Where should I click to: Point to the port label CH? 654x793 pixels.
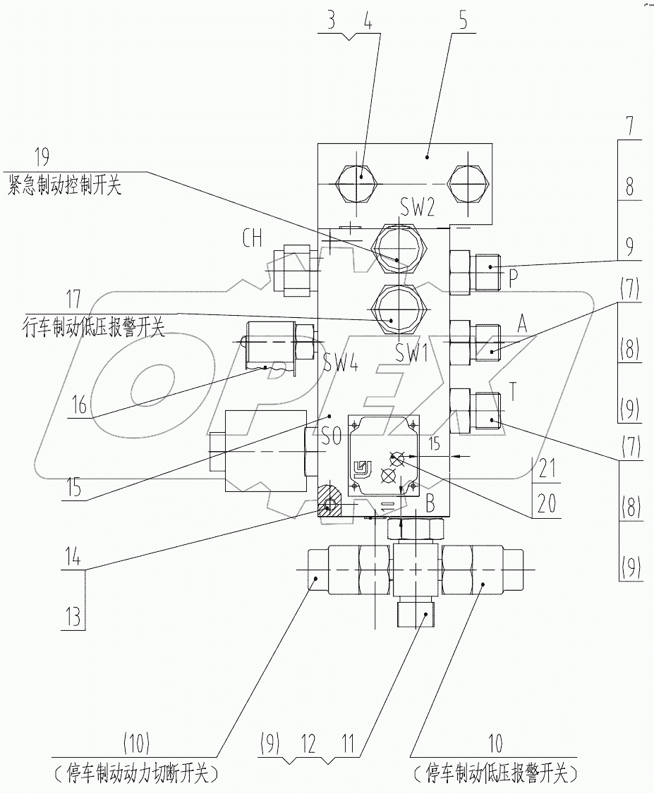[x=253, y=238]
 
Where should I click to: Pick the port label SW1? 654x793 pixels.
[x=413, y=355]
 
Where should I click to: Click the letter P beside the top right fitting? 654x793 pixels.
[x=514, y=276]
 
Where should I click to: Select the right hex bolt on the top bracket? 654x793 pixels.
[x=467, y=183]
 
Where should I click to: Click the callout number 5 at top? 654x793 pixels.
[x=463, y=19]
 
